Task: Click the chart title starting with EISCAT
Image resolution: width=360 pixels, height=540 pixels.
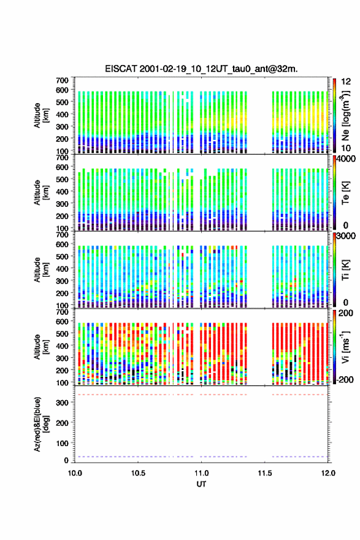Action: [201, 69]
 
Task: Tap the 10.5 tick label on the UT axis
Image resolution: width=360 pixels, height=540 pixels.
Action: [138, 473]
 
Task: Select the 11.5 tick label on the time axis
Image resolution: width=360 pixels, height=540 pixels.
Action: [265, 473]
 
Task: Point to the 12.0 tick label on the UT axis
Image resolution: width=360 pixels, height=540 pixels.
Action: [328, 473]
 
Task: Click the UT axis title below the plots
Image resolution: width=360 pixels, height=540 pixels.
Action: [201, 484]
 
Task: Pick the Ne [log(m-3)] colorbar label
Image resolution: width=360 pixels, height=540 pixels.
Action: [345, 116]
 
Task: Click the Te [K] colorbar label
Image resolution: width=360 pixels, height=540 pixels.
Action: [345, 193]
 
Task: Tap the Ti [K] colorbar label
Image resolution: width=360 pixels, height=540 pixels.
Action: [345, 270]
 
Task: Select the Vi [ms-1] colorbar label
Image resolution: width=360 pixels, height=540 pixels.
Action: [345, 347]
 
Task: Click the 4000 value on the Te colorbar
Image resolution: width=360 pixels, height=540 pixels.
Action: [346, 160]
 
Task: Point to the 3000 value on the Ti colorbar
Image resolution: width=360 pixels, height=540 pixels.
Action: [346, 236]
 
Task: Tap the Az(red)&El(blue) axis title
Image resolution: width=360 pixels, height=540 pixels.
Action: [40, 424]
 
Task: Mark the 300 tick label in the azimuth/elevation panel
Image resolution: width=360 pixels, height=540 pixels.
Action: [63, 403]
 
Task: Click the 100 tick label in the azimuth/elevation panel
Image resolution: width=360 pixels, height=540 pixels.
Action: [63, 443]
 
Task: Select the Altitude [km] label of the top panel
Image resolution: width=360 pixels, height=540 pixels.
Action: [41, 116]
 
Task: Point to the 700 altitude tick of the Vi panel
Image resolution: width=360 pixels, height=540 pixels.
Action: [63, 312]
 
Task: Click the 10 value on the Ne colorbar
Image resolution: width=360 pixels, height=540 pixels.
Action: [346, 148]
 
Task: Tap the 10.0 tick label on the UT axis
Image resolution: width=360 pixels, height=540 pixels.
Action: [75, 473]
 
